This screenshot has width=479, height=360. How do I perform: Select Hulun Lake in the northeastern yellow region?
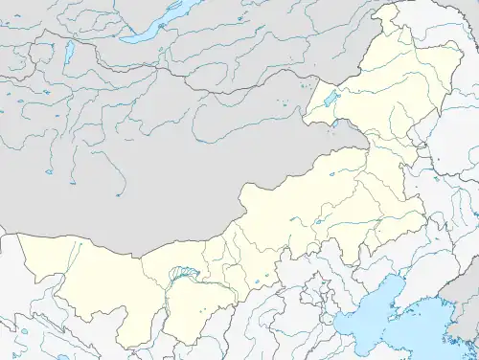331,99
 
